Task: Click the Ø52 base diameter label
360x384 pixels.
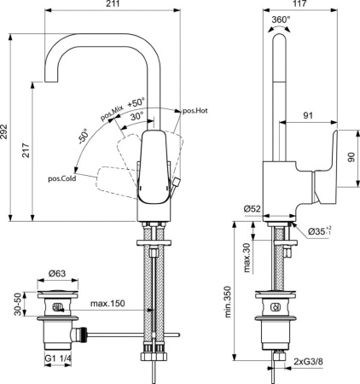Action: [250, 208]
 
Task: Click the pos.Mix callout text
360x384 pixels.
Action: [112, 114]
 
